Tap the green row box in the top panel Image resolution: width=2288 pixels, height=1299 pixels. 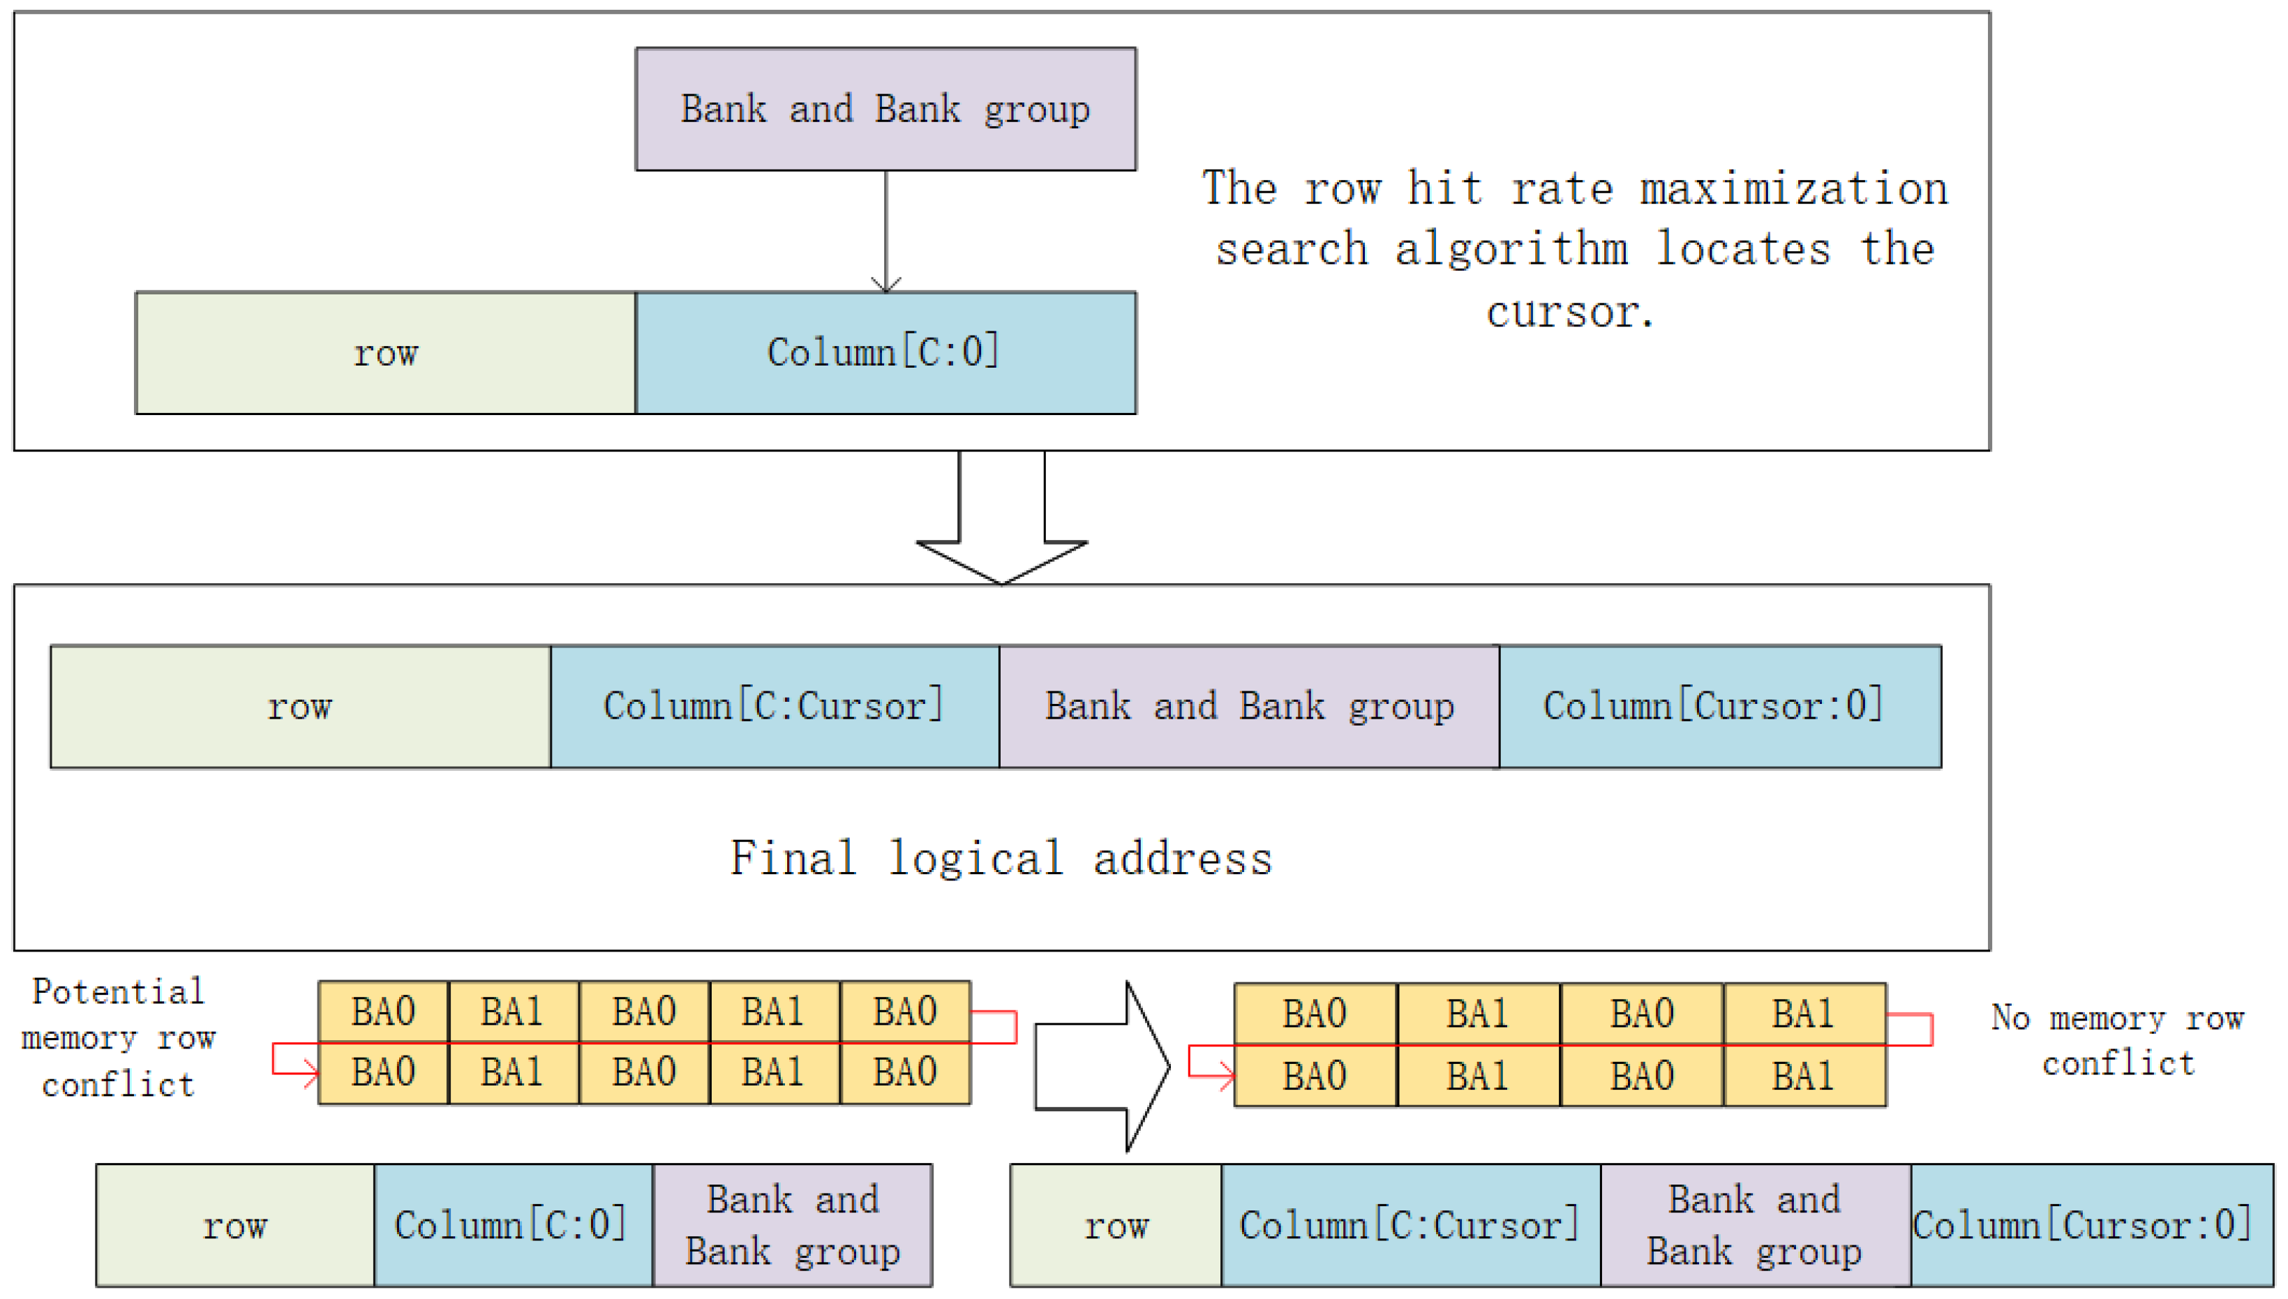click(x=384, y=352)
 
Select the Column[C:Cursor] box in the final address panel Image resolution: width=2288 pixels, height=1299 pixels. click(x=774, y=706)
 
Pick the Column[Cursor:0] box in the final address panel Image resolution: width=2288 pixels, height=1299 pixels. click(x=1719, y=706)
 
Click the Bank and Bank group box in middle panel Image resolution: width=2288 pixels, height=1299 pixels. click(x=1248, y=706)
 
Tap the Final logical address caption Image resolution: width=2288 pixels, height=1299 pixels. click(x=1001, y=858)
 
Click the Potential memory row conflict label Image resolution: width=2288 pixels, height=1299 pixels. click(x=118, y=1037)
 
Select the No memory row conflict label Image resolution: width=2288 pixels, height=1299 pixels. click(x=2116, y=1040)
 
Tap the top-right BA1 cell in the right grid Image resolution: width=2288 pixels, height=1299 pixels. click(x=1804, y=1014)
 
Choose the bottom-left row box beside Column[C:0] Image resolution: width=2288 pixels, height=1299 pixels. click(x=234, y=1225)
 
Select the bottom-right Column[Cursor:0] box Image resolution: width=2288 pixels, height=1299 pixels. click(x=2090, y=1225)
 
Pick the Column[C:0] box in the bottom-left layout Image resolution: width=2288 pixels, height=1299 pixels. click(x=512, y=1225)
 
